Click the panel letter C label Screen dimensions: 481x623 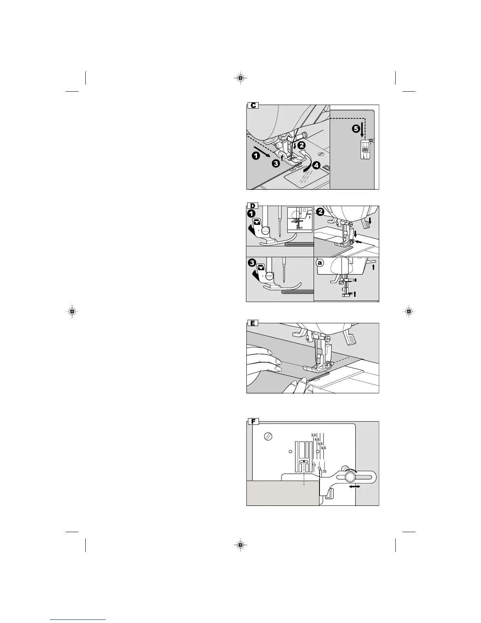click(253, 105)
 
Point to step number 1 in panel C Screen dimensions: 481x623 click(256, 156)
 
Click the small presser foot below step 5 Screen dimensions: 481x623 click(365, 151)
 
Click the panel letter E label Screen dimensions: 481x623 click(253, 323)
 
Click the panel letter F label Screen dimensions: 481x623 click(253, 422)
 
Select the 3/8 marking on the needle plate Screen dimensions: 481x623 click(313, 435)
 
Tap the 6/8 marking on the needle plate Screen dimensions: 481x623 click(324, 448)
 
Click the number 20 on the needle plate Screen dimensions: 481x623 click(324, 471)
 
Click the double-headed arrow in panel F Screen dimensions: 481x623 click(354, 487)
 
